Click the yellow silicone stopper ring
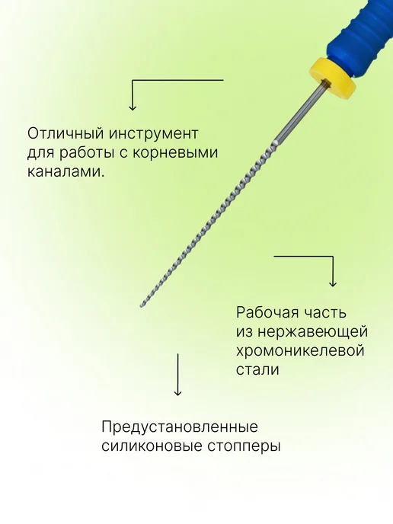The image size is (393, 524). point(333,78)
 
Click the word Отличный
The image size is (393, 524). point(65,134)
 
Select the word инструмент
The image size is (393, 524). point(154,134)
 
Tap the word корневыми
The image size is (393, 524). point(175,153)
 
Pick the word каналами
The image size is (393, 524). point(65,172)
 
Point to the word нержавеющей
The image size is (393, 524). point(313,332)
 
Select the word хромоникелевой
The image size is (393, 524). point(300,351)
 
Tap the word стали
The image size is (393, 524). point(257,370)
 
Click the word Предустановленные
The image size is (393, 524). point(180,427)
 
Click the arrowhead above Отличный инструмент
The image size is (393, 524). point(133,107)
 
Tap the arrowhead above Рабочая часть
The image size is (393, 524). point(333,283)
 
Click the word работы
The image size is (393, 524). point(90,154)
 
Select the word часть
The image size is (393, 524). point(324,313)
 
